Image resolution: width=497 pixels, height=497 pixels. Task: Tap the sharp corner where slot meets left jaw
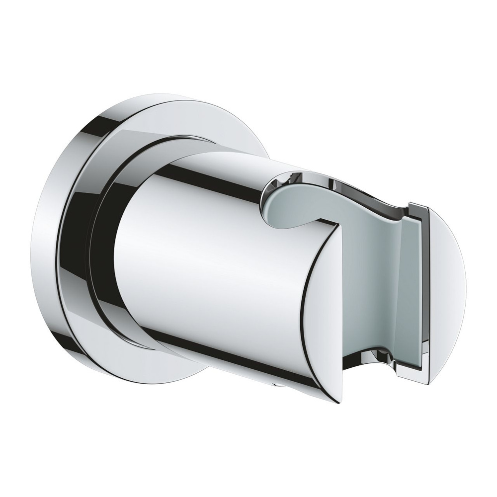point(339,224)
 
